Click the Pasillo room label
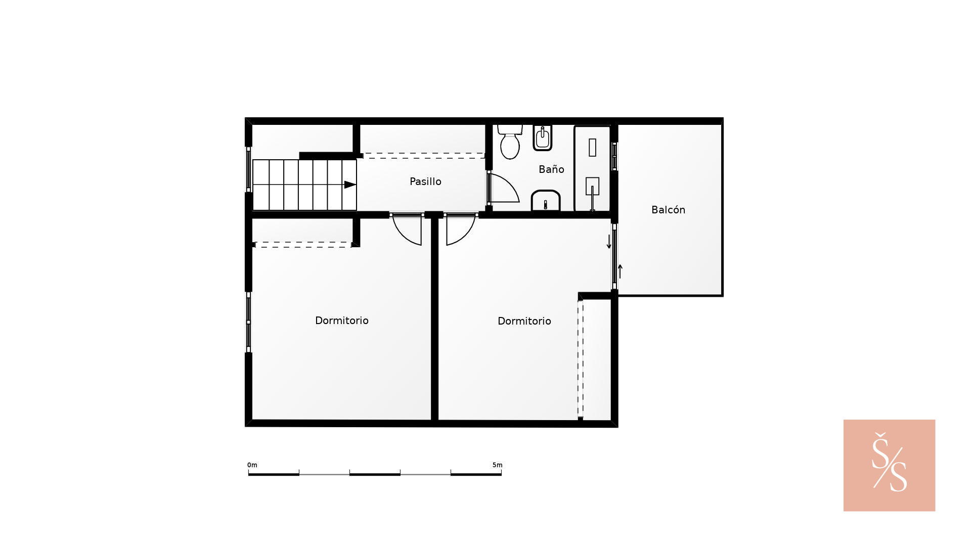pos(425,181)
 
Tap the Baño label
pos(551,169)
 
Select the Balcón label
pos(668,210)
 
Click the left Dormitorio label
pos(342,321)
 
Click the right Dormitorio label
pos(524,321)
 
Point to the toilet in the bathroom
pos(510,142)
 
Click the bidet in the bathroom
pos(543,138)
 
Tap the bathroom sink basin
pos(546,201)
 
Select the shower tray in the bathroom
pos(592,168)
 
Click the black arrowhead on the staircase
pos(350,185)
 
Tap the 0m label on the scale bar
pos(252,465)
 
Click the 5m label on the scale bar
pos(497,465)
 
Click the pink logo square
pos(889,465)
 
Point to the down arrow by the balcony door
pos(609,241)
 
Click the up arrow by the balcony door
pos(620,271)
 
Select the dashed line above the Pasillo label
pos(424,156)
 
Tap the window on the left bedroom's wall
pos(248,322)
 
